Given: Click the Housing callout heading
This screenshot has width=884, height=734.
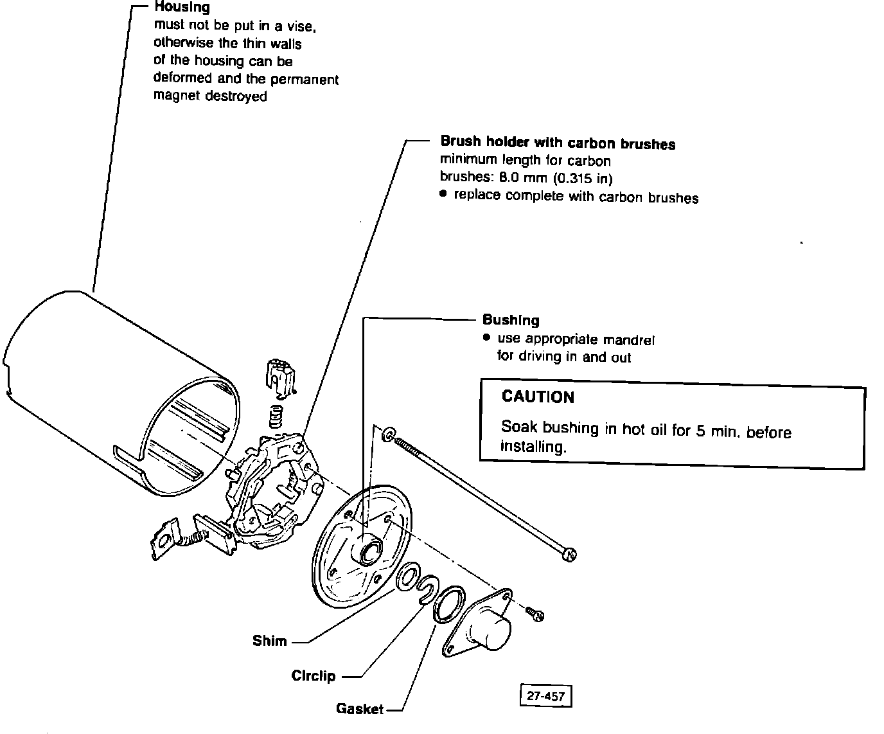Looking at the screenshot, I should pos(182,8).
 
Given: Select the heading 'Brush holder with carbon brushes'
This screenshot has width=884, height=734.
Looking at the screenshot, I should pos(557,143).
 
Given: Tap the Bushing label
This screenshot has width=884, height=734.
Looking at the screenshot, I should pos(511,319).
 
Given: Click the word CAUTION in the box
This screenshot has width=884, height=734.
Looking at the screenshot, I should pos(538,397).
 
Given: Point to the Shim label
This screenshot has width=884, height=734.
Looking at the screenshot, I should pos(270,641).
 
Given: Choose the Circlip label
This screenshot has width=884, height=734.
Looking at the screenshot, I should pos(314,676).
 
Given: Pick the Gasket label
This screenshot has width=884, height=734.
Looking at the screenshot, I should pos(360,709).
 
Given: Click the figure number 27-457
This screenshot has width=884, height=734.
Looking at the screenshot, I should pos(545,696).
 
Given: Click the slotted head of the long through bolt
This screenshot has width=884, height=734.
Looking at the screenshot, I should pos(569,554).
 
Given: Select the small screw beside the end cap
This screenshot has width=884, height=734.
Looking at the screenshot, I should pos(535,614).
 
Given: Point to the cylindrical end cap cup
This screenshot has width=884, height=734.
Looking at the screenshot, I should pos(491,626).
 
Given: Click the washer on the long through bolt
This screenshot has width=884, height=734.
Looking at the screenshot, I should pos(388,435).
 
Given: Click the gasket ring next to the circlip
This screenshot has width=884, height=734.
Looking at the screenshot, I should pos(448,604).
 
